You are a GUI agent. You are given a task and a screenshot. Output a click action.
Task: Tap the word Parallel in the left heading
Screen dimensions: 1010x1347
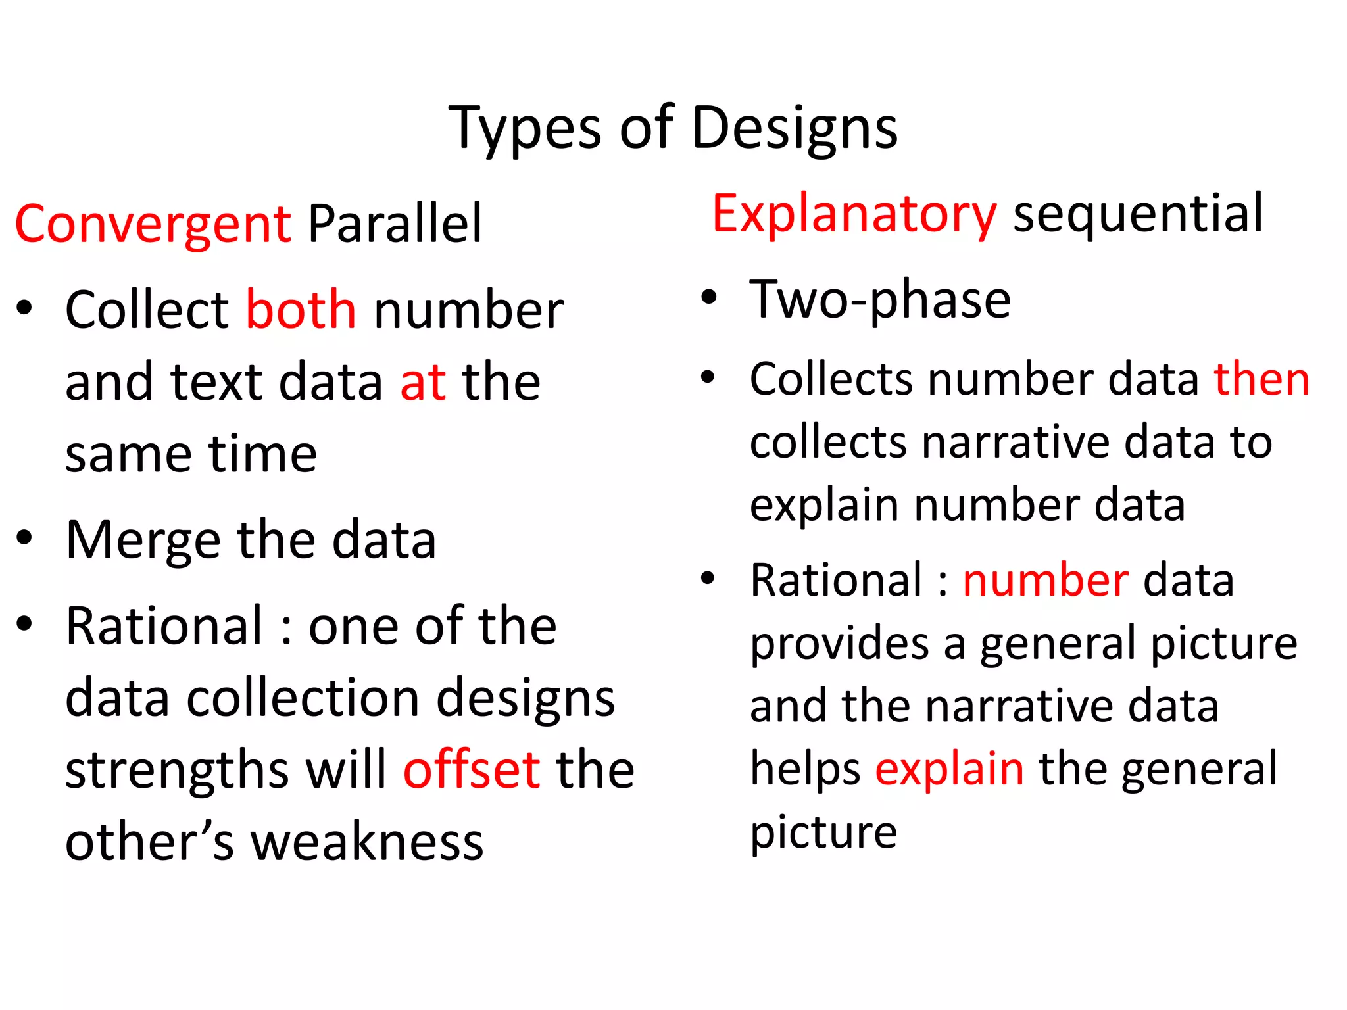tap(395, 224)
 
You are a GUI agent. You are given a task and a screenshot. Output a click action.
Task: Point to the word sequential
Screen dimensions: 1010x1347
tap(1138, 214)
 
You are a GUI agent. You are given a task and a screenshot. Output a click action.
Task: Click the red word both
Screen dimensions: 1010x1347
tap(301, 310)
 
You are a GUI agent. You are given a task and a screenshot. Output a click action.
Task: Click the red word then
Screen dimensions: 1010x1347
tap(1261, 379)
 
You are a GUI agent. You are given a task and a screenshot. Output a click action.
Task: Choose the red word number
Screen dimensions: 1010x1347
tap(1045, 581)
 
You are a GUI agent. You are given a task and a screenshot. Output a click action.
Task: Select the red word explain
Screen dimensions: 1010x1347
tap(949, 769)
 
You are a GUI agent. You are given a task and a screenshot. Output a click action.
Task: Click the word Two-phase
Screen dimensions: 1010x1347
tap(880, 300)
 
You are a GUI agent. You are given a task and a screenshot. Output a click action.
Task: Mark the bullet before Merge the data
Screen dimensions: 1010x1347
tap(24, 537)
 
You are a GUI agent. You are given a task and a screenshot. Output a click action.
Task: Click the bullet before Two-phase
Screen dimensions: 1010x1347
tap(708, 297)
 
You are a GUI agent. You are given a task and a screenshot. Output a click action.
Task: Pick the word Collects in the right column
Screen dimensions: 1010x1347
tap(831, 379)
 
